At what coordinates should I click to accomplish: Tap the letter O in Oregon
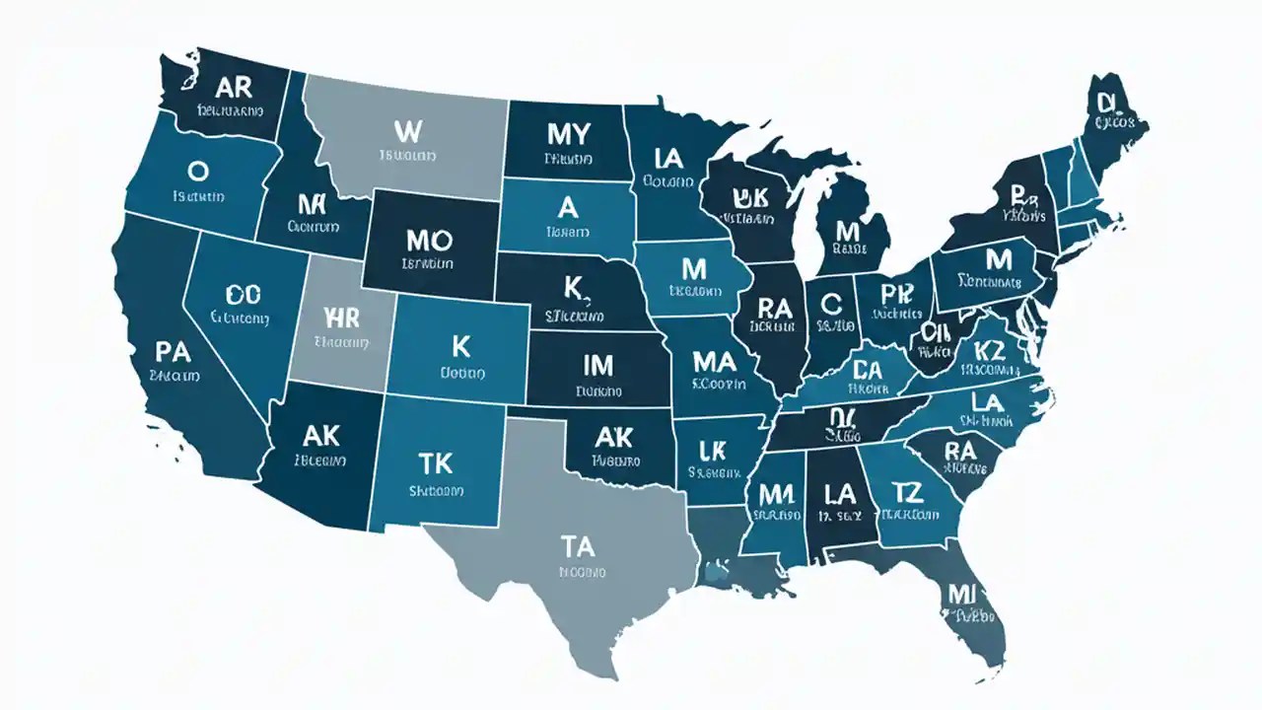coord(197,172)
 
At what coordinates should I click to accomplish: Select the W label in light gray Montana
coord(406,130)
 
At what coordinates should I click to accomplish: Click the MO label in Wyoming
coord(428,240)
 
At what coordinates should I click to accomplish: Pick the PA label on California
coord(174,351)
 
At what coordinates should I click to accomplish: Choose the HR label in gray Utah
coord(342,317)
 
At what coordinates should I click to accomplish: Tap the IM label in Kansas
coord(597,366)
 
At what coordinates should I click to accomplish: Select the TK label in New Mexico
coord(435,463)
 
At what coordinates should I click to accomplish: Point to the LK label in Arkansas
coord(712,450)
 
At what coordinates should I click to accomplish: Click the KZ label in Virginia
coord(988,349)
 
